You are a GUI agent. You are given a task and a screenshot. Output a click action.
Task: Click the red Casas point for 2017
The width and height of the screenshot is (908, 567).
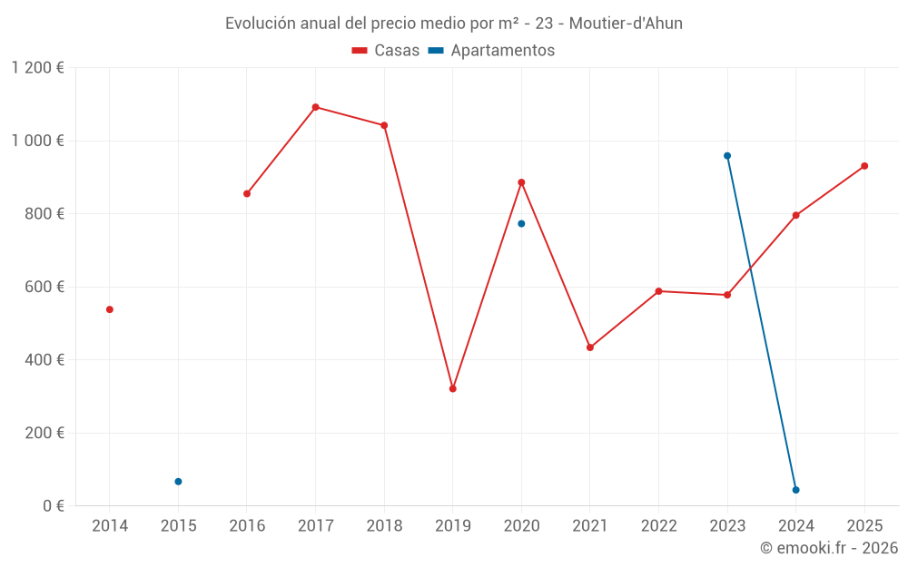click(315, 107)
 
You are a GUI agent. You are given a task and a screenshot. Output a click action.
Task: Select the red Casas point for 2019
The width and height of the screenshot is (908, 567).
click(452, 388)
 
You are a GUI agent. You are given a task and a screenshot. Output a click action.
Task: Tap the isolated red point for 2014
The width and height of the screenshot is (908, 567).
click(110, 309)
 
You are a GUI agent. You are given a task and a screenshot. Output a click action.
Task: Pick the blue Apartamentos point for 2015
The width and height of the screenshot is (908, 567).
click(178, 482)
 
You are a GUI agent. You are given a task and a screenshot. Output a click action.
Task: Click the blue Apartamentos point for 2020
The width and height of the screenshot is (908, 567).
click(521, 223)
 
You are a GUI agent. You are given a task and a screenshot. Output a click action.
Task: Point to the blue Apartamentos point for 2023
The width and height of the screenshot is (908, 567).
click(727, 156)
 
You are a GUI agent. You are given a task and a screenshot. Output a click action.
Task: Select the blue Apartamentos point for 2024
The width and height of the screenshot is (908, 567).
click(795, 490)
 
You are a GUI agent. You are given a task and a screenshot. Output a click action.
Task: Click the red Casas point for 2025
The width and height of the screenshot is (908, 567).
click(864, 166)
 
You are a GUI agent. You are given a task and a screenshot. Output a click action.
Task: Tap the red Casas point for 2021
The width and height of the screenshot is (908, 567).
click(590, 347)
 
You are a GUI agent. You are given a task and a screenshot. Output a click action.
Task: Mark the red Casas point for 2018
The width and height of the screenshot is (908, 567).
click(384, 125)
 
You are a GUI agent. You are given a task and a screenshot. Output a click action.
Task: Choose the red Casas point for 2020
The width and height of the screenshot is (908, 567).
click(521, 182)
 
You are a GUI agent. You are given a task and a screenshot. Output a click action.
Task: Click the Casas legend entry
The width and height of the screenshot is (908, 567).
click(386, 51)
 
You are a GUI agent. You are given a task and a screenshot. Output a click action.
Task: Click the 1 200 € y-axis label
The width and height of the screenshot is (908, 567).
click(38, 68)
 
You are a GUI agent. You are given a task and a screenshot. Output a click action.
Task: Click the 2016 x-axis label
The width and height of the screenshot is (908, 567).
click(247, 526)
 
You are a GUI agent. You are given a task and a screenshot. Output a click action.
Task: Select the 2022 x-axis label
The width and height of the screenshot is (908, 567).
click(658, 526)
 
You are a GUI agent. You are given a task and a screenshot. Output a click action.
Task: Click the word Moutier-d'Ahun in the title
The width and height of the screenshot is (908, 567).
click(626, 24)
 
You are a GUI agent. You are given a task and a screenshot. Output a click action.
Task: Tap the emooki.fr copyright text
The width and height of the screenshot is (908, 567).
click(828, 548)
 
